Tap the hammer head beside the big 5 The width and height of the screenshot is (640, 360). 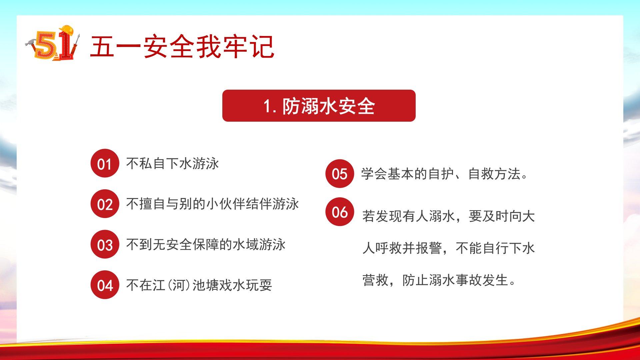(30, 42)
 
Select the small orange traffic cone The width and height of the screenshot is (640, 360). (57, 57)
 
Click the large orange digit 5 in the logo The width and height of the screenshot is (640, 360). (45, 45)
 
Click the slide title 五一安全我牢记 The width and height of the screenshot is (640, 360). (182, 47)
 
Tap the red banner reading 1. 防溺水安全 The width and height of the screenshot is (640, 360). (319, 106)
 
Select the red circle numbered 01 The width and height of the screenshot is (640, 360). (105, 163)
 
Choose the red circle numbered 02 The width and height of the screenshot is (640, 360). (105, 204)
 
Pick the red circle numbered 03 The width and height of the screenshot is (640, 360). (105, 244)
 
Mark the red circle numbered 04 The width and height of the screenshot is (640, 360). (105, 285)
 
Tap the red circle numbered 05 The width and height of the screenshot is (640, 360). (340, 174)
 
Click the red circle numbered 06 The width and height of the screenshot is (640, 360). (340, 212)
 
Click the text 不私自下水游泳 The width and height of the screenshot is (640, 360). (173, 164)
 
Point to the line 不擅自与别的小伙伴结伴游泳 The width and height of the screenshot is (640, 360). (212, 204)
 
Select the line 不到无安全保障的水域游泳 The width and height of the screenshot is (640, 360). (206, 245)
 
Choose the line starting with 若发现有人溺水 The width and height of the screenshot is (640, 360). (449, 216)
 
